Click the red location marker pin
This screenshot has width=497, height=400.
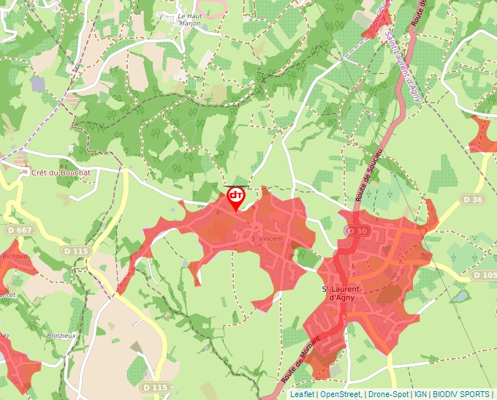pyautogui.click(x=235, y=197)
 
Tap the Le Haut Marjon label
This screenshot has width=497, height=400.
pyautogui.click(x=189, y=19)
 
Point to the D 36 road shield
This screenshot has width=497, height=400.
pyautogui.click(x=473, y=199)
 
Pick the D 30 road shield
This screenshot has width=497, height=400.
pyautogui.click(x=357, y=231)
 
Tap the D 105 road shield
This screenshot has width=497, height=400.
pyautogui.click(x=484, y=275)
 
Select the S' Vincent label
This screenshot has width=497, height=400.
pyautogui.click(x=266, y=238)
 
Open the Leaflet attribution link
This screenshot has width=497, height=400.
pyautogui.click(x=302, y=394)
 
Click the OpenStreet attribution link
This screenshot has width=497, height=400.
pyautogui.click(x=341, y=394)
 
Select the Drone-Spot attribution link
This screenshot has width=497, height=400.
pyautogui.click(x=388, y=394)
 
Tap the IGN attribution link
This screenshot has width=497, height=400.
pyautogui.click(x=420, y=394)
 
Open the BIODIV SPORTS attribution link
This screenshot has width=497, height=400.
pyautogui.click(x=460, y=394)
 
